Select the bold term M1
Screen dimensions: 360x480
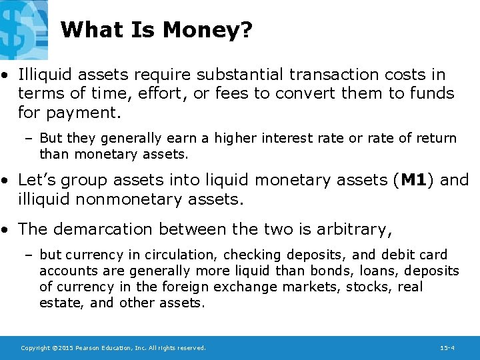click(414, 180)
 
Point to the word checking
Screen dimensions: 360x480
click(252, 255)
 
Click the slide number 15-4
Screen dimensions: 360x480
click(447, 348)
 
